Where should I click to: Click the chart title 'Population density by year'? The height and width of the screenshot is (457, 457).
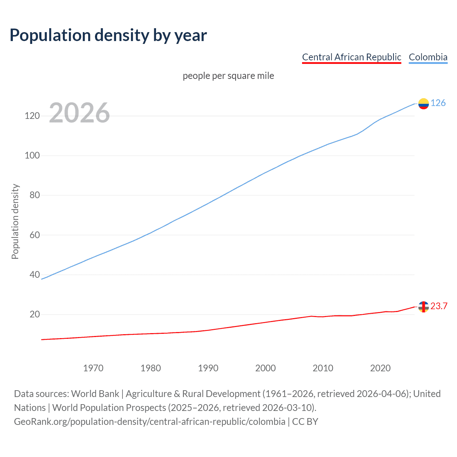coord(108,35)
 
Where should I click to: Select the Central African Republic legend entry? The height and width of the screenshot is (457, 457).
coord(351,57)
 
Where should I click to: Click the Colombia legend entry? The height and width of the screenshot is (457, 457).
coord(428,57)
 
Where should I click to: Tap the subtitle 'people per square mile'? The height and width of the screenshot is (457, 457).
coord(228,76)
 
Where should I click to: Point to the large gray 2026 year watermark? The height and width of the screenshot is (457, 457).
coord(79,113)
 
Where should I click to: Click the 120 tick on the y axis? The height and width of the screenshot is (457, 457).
coord(32,116)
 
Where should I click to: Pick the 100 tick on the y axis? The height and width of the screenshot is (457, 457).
coord(32,156)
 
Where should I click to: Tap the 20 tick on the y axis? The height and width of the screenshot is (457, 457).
coord(34,315)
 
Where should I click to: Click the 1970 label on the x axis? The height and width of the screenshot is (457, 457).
coord(93,368)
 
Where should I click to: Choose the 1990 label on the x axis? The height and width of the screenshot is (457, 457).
coord(208,368)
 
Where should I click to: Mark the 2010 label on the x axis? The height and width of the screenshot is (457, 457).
coord(323,368)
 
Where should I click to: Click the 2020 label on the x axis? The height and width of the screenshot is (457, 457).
coord(380,368)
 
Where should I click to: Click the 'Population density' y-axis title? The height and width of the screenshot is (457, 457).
coord(15,221)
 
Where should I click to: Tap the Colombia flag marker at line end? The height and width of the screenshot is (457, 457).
coord(423,104)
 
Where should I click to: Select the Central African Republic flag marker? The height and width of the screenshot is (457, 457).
coord(423,307)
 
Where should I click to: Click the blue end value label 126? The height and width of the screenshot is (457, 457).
coord(438,103)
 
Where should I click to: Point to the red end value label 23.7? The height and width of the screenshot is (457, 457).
coord(439,306)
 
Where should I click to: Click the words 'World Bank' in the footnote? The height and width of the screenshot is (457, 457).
coord(95,394)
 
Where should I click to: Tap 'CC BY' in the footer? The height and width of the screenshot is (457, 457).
coord(305,422)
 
